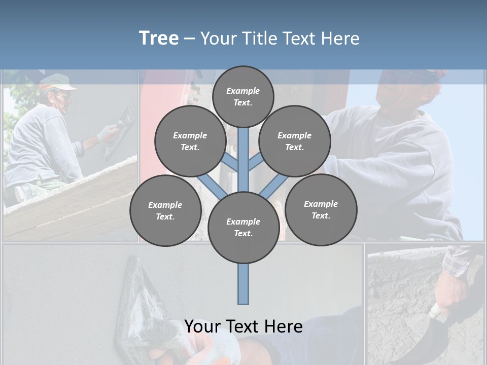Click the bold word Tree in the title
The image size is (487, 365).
[159, 38]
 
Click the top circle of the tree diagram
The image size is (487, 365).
[243, 96]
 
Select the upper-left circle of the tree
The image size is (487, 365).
[190, 141]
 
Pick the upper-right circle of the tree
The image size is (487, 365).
[295, 141]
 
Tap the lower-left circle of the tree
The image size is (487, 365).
[165, 210]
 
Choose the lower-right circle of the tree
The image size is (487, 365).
[321, 209]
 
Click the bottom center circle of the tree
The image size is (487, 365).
[243, 227]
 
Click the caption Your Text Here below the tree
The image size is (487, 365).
[243, 326]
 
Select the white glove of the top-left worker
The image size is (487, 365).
[107, 134]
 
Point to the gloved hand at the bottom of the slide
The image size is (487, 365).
[213, 350]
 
